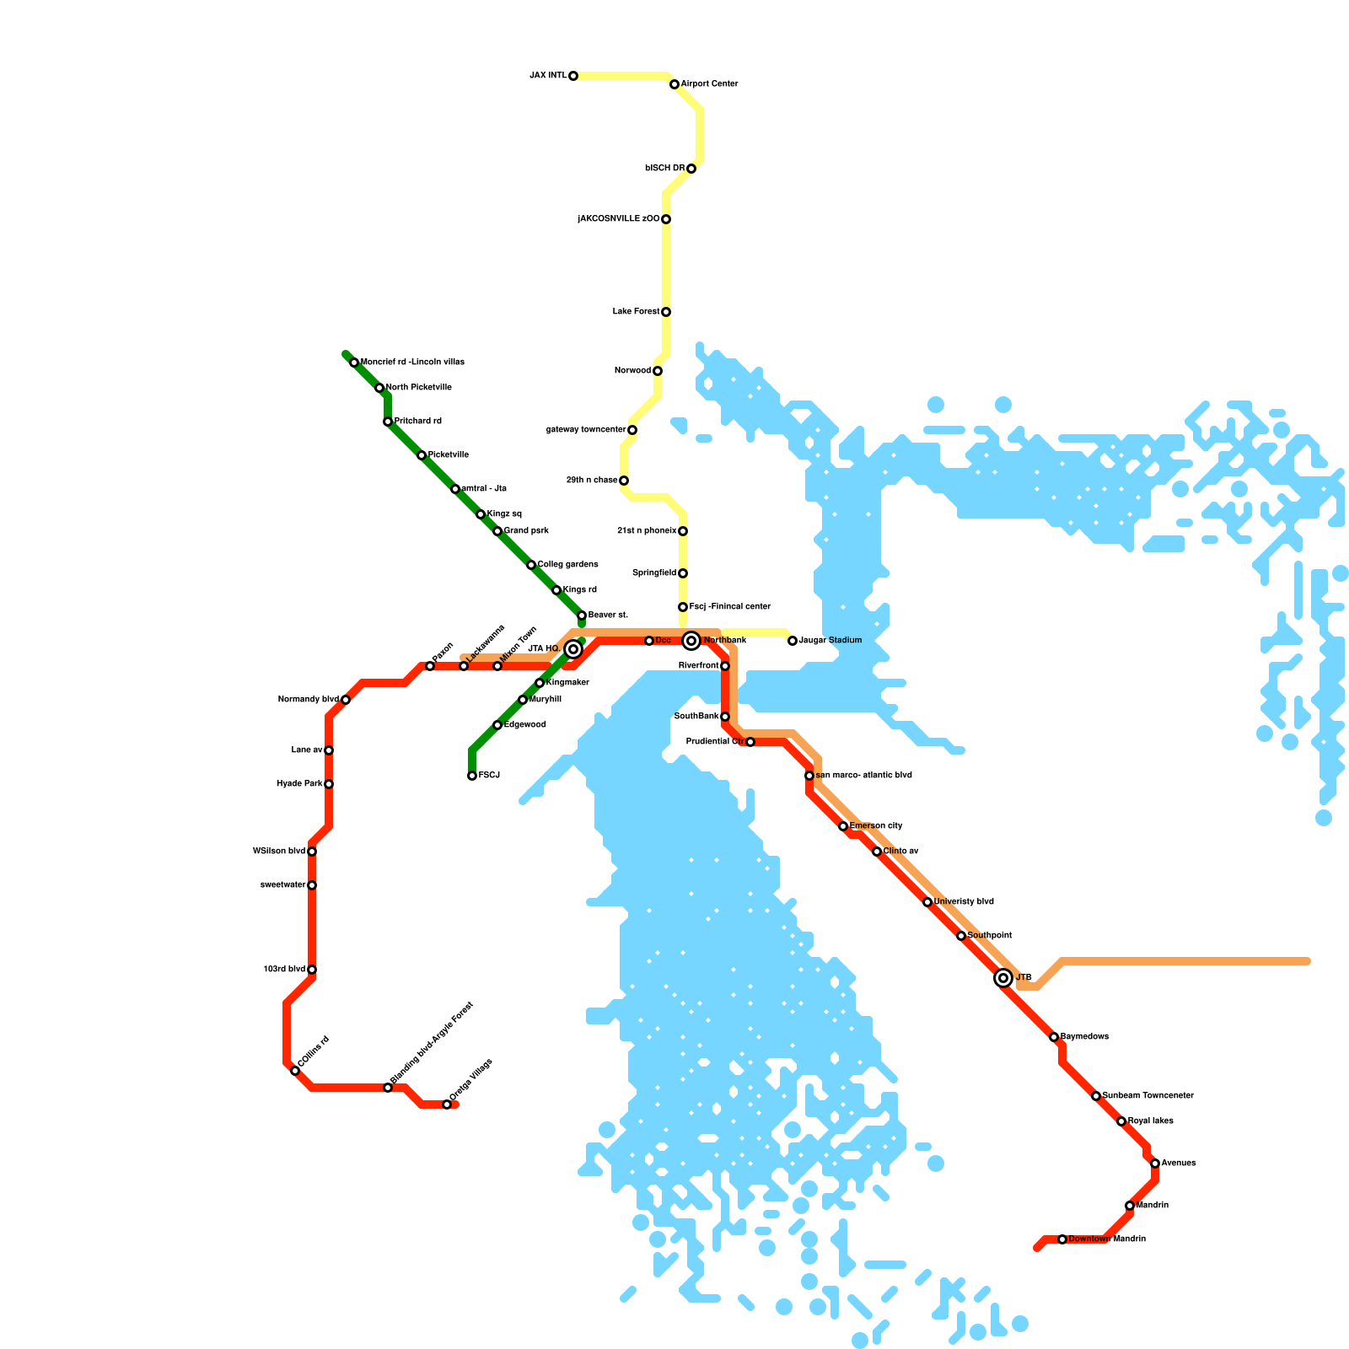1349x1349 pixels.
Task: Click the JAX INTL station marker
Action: point(573,76)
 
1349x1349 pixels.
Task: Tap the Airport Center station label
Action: point(709,84)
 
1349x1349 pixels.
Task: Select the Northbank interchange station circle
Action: point(691,641)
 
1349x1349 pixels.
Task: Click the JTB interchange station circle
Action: point(1003,978)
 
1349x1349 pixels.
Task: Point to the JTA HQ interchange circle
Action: point(573,649)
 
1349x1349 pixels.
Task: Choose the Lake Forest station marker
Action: point(666,312)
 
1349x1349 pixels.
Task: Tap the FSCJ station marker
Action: point(472,776)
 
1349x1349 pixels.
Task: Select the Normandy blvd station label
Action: point(308,700)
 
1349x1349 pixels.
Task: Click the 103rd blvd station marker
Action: point(312,970)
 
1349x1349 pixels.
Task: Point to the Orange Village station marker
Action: point(447,1104)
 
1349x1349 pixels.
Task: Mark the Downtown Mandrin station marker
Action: point(1062,1239)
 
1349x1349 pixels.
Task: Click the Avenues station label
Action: point(1179,1164)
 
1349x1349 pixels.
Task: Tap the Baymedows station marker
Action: point(1054,1037)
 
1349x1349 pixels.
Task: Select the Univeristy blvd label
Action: point(964,902)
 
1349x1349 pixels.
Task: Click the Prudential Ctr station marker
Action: point(750,742)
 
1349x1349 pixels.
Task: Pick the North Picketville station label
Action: point(418,388)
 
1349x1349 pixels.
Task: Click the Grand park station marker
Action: point(497,531)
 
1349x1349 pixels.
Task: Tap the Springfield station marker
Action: point(683,573)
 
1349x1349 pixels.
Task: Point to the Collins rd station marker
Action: point(295,1071)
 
